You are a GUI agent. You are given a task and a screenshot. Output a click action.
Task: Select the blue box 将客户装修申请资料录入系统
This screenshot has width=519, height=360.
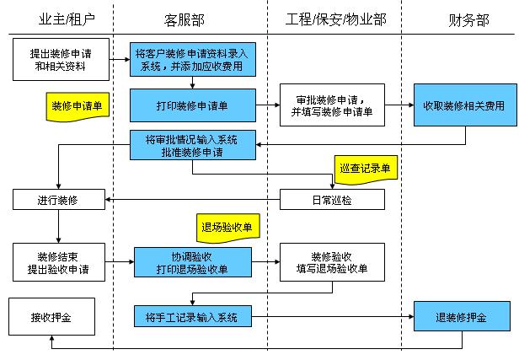[192, 59]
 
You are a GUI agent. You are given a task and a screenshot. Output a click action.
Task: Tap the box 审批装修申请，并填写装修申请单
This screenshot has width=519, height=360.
[332, 105]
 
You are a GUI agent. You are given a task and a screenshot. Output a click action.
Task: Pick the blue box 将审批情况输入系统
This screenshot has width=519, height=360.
[192, 145]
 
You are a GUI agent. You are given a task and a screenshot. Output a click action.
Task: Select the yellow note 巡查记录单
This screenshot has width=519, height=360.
[365, 169]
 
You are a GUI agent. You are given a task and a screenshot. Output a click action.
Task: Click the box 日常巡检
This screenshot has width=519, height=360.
[332, 200]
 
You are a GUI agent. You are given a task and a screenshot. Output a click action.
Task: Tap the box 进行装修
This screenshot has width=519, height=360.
[58, 200]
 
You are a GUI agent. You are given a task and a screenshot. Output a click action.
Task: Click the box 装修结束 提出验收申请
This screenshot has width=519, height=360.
[58, 262]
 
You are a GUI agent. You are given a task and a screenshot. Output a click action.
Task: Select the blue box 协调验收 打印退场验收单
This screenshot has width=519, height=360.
[192, 262]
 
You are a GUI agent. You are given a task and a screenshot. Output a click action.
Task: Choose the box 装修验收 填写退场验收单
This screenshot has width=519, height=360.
[332, 262]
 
